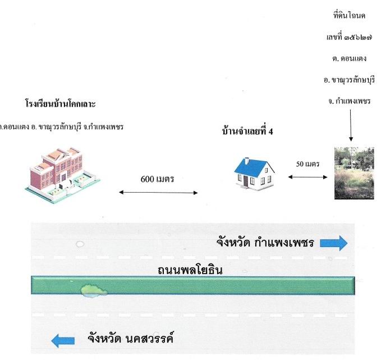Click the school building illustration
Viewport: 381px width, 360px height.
[63, 175]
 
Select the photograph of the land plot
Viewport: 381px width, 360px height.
[354, 173]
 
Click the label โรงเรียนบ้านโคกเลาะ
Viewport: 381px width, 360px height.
[61, 104]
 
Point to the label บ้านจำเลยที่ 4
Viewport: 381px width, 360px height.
[247, 131]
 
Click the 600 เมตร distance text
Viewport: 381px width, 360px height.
[157, 179]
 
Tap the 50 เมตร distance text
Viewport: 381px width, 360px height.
[307, 164]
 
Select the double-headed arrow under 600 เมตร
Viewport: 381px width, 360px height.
[158, 193]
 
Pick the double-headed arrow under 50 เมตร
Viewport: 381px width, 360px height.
[307, 177]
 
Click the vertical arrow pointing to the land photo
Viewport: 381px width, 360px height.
[351, 125]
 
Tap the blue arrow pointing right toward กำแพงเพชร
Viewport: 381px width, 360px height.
[334, 243]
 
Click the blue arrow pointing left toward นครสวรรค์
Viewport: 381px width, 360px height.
[63, 340]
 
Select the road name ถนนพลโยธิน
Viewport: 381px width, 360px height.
[190, 271]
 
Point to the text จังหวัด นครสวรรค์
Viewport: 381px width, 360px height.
[131, 338]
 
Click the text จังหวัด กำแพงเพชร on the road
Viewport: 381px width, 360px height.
[265, 242]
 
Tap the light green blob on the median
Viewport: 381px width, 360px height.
[94, 291]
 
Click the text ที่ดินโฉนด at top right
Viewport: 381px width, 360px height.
[349, 15]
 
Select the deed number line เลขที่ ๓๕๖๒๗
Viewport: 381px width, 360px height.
[349, 37]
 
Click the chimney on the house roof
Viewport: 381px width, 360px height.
[247, 161]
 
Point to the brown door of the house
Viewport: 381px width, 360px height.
[246, 181]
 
